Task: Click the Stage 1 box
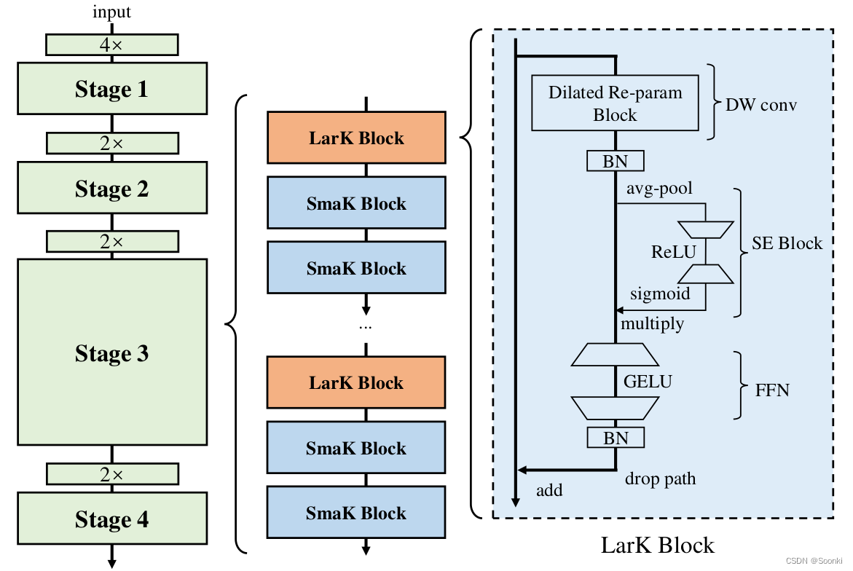[x=111, y=89]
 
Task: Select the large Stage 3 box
[x=111, y=353]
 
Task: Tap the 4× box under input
[x=111, y=44]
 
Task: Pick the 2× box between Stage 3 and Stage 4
[x=111, y=474]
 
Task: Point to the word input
[x=111, y=12]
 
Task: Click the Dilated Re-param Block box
[x=616, y=103]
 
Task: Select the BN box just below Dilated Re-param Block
[x=616, y=160]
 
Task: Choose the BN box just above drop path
[x=616, y=437]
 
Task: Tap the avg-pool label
[x=659, y=189]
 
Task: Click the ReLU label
[x=674, y=252]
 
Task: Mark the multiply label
[x=652, y=323]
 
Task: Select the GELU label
[x=648, y=381]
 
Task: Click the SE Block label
[x=787, y=243]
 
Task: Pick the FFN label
[x=772, y=390]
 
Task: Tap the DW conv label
[x=761, y=105]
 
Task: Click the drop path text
[x=660, y=479]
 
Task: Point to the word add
[x=549, y=490]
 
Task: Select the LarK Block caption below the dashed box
[x=657, y=545]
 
